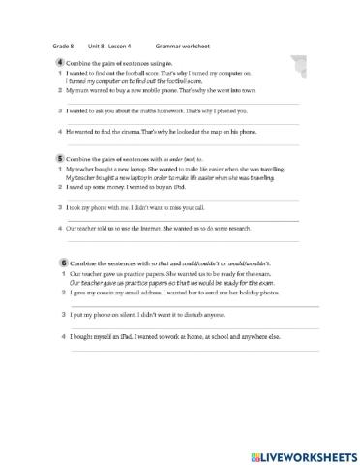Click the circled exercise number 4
61,62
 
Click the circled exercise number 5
61,156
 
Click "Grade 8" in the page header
62,46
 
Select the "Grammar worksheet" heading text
182,46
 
